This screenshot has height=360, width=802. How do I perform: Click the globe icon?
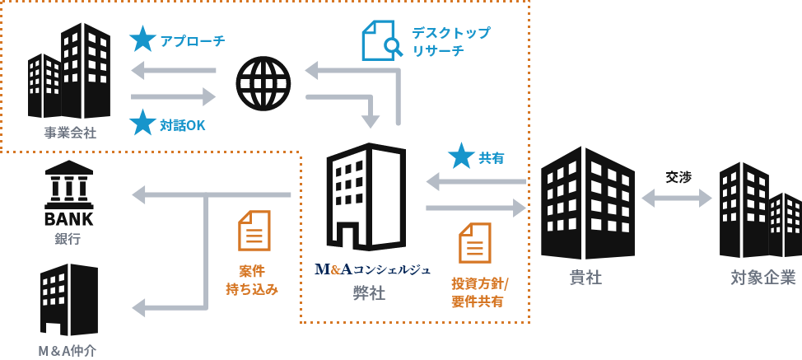click(x=263, y=83)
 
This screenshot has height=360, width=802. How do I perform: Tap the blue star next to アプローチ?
click(x=142, y=39)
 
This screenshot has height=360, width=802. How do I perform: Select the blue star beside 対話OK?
click(x=142, y=123)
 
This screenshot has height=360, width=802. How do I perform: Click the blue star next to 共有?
click(x=461, y=156)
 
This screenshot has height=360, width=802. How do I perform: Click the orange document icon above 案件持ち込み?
click(x=254, y=231)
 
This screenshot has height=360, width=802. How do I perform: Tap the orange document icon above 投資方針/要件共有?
click(x=475, y=243)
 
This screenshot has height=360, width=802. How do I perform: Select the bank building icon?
click(x=68, y=194)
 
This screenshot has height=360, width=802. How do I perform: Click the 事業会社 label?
click(x=70, y=133)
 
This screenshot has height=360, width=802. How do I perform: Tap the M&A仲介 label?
click(x=68, y=350)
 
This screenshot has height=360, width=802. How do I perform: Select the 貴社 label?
click(x=586, y=278)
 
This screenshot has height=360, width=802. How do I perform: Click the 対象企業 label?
click(x=763, y=278)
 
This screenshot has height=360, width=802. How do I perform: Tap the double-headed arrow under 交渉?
click(x=677, y=198)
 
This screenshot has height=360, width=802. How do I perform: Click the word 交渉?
click(x=678, y=176)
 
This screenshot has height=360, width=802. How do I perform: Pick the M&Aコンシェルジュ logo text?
click(x=372, y=269)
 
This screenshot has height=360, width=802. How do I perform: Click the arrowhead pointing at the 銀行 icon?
click(x=139, y=194)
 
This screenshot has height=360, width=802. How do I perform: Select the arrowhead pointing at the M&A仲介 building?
click(x=139, y=308)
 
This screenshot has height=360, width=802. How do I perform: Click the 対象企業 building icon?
click(x=759, y=210)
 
